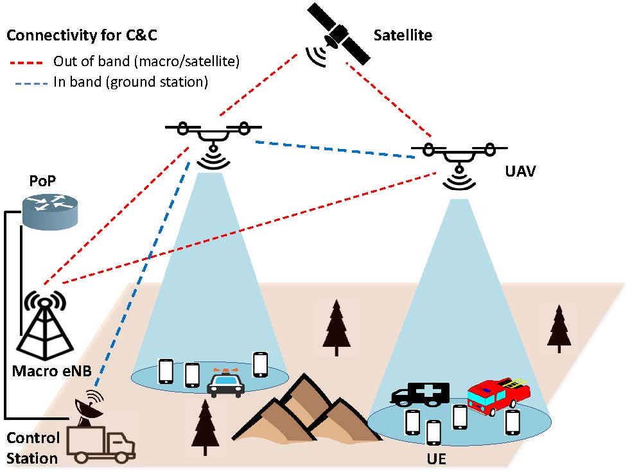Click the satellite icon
pos(338,34)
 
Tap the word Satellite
pos(403,36)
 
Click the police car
pos(225,383)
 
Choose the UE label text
pos(437,460)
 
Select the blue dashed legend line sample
pos(28,82)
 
